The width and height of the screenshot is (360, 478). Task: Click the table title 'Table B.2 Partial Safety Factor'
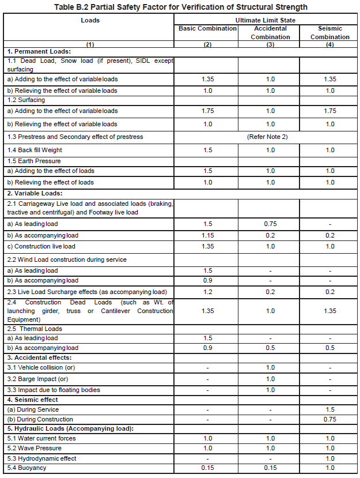(180, 7)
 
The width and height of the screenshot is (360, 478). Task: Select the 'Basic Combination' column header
(207, 28)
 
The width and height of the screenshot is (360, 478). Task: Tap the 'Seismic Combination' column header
(329, 32)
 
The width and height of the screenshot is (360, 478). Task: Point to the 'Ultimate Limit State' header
(268, 20)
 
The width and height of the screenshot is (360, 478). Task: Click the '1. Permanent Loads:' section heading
(39, 52)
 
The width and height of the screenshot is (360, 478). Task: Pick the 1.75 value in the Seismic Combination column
(329, 111)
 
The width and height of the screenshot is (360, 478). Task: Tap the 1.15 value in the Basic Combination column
(207, 235)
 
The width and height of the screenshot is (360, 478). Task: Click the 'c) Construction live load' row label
(41, 246)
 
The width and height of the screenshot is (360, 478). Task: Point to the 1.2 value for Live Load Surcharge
(207, 292)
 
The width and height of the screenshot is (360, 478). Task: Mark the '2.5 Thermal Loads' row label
(35, 329)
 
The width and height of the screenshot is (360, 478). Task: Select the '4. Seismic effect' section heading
(32, 400)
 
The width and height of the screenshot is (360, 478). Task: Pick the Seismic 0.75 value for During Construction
(329, 419)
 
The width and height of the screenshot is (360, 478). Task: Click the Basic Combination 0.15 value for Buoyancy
(207, 468)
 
